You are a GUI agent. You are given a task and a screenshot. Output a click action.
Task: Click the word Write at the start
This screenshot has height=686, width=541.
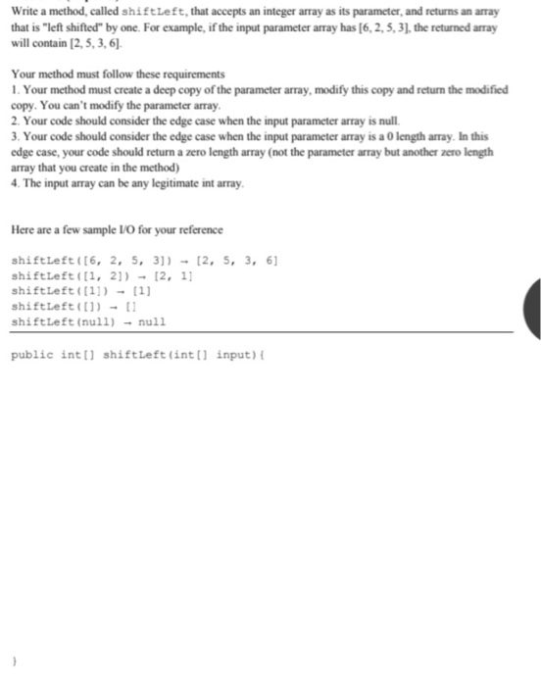pos(23,11)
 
